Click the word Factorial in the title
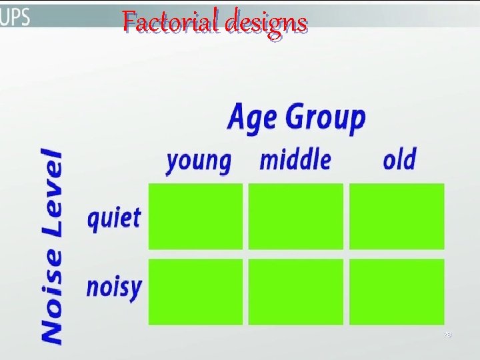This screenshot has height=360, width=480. tap(171, 23)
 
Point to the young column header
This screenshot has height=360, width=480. tap(198, 161)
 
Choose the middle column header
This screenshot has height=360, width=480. tap(295, 160)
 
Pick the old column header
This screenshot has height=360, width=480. tap(399, 160)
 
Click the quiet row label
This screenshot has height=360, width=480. tap(114, 219)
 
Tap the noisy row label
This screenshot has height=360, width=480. tap(114, 288)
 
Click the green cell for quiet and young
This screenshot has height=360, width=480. tap(195, 217)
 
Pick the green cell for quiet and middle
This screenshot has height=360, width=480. tap(296, 217)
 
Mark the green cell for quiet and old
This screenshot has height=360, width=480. tap(397, 217)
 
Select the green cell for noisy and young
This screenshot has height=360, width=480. tap(195, 291)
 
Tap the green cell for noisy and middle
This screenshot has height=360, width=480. tap(296, 291)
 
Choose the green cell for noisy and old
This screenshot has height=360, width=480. tap(397, 291)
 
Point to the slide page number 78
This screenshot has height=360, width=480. tap(447, 335)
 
